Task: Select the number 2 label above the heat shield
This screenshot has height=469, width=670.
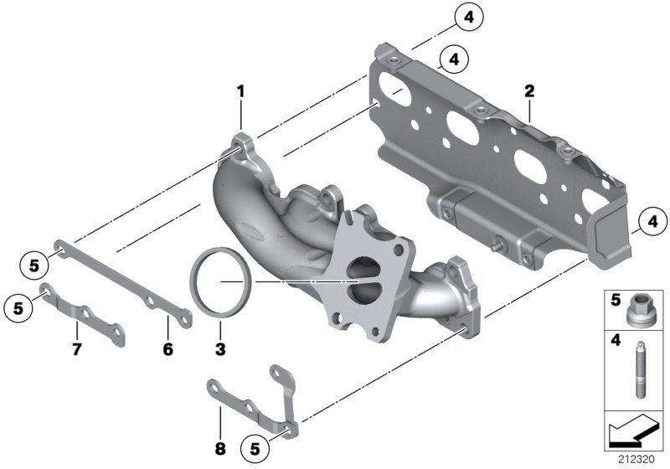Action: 528,90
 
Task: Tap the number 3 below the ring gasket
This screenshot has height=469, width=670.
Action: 219,348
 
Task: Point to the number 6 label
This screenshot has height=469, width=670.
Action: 167,348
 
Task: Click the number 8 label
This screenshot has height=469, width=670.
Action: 219,449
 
